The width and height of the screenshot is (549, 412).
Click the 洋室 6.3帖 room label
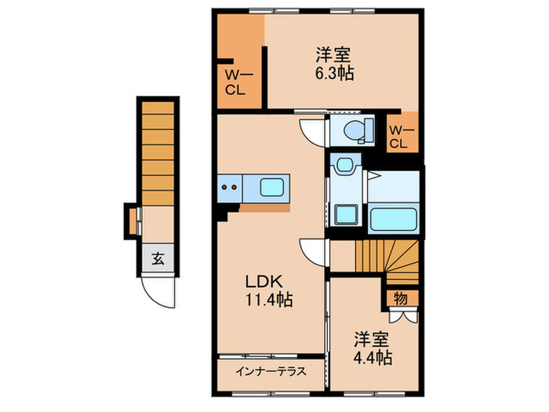pos(333,64)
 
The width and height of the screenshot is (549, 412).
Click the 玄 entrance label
pos(158,257)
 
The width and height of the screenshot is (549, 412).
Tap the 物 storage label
pos(400,298)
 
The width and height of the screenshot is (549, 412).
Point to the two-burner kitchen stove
pos(230,187)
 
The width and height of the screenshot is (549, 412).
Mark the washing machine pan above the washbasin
pos(344,165)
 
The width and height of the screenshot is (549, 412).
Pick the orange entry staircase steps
pos(157,149)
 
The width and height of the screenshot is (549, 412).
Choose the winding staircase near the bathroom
pos(387,258)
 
